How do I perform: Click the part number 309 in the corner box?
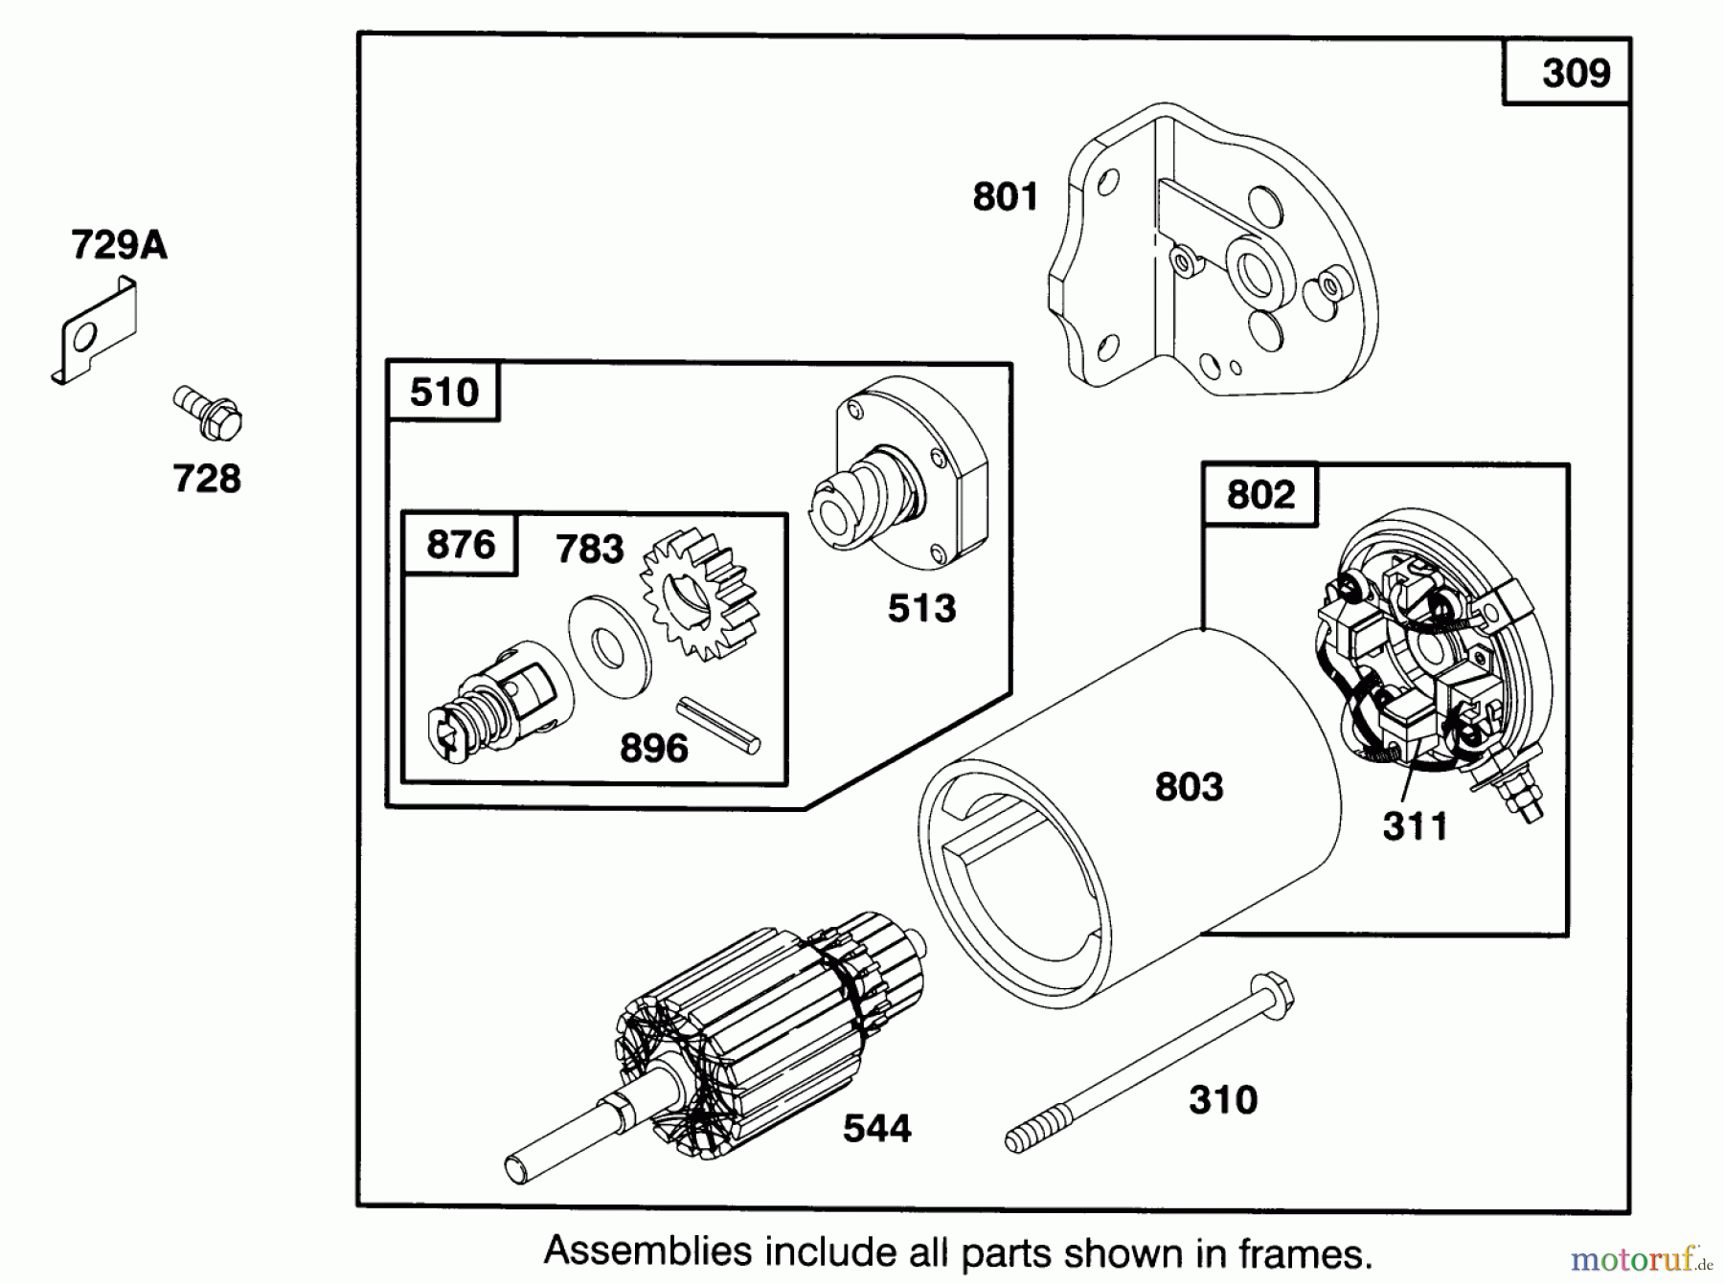tap(1576, 74)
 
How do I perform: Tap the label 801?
tap(1006, 197)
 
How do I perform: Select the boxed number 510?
tap(443, 393)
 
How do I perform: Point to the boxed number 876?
tap(461, 545)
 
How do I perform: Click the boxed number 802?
tap(1260, 495)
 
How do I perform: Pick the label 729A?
tap(119, 246)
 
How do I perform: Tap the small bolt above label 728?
tap(207, 413)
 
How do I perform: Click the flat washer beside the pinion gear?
tap(610, 647)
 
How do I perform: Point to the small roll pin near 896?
tap(718, 725)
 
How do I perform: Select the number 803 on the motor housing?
tap(1189, 787)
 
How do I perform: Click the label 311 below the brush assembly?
tap(1415, 826)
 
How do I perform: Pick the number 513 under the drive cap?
tap(921, 609)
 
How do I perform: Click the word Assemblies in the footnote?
tap(648, 1252)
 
